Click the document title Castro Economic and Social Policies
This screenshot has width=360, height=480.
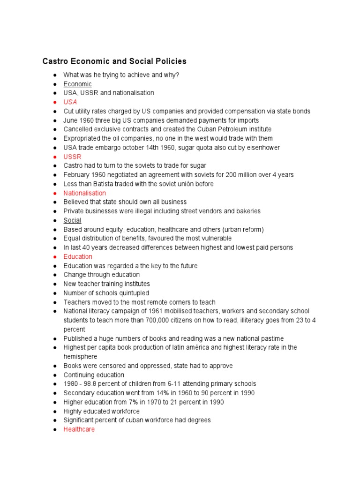[114, 61]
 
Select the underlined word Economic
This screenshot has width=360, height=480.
[78, 84]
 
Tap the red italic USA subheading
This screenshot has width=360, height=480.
[70, 102]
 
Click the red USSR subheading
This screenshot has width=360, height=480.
[72, 157]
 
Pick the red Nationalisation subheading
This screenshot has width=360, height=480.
[85, 193]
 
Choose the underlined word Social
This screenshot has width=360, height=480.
[72, 220]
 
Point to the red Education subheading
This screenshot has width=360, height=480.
[78, 257]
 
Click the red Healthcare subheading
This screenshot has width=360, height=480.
[79, 429]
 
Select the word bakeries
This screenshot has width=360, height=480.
[247, 211]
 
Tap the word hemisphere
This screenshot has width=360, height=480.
[80, 357]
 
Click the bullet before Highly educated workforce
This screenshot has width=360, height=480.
[55, 412]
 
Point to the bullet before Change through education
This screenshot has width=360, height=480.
[55, 275]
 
